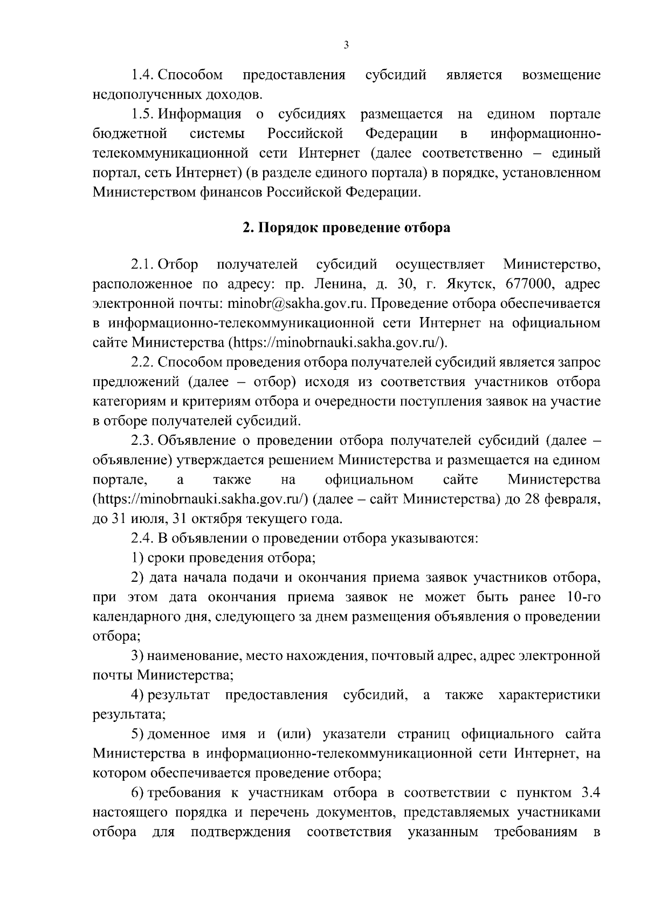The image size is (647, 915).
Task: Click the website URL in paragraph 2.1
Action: [339, 343]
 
